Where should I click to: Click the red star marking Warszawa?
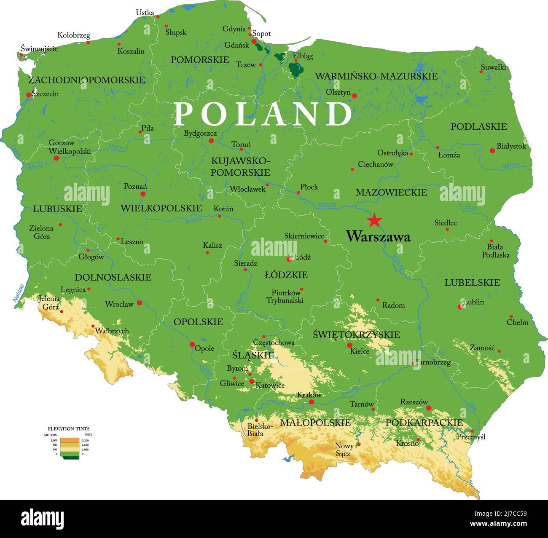pyautogui.click(x=374, y=220)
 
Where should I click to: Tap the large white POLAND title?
pyautogui.click(x=263, y=114)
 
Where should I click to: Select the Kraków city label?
pyautogui.click(x=309, y=395)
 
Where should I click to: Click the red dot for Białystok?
pyautogui.click(x=492, y=150)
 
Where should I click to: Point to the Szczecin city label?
pyautogui.click(x=45, y=94)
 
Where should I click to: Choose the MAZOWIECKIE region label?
pyautogui.click(x=391, y=193)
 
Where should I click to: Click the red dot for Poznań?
pyautogui.click(x=143, y=194)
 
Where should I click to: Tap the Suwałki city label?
pyautogui.click(x=493, y=67)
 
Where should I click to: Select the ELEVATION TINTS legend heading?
pyautogui.click(x=68, y=428)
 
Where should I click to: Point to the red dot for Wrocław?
pyautogui.click(x=139, y=302)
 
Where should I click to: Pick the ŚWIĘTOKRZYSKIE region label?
pyautogui.click(x=356, y=335)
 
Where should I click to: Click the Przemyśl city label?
pyautogui.click(x=471, y=437)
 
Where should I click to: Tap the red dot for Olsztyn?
pyautogui.click(x=354, y=96)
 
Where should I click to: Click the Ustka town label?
pyautogui.click(x=145, y=13)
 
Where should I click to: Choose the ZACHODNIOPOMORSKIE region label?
pyautogui.click(x=86, y=80)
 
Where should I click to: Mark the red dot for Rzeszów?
pyautogui.click(x=429, y=408)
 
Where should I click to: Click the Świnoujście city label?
pyautogui.click(x=39, y=49)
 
